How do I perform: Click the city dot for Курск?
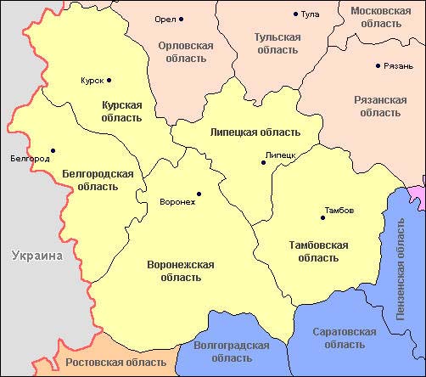pos(109,81)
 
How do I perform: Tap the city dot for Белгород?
pos(53,151)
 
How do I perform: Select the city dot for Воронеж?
pos(199,194)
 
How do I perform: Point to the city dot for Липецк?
pos(264,162)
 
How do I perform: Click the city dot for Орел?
pos(181,19)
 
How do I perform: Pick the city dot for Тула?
pos(296,14)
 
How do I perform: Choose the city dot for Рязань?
pos(378,65)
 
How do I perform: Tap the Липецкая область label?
pos(255,132)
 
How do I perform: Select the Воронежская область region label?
pos(180,271)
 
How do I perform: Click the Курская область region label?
pos(122,111)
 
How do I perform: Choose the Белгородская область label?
pos(98,179)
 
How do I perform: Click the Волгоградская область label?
pos(232,352)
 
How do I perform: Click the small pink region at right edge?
pos(418,194)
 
